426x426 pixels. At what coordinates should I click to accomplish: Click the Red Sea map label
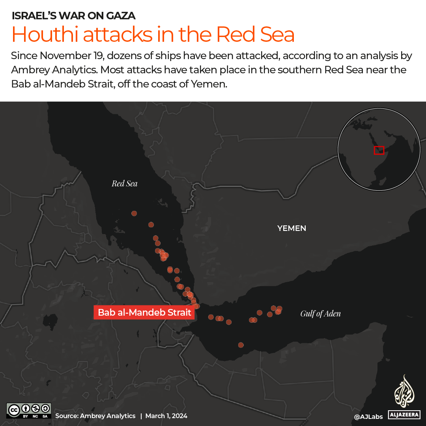click(124, 183)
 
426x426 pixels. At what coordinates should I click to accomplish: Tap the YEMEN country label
click(291, 228)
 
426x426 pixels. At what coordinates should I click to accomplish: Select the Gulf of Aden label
click(320, 314)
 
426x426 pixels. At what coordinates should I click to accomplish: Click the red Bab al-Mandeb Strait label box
click(144, 313)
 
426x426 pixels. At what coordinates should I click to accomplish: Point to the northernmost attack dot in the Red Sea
click(134, 213)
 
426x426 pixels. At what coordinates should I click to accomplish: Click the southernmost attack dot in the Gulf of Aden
click(241, 345)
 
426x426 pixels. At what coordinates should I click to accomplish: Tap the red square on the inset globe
click(379, 150)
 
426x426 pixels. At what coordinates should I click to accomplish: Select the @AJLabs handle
click(368, 417)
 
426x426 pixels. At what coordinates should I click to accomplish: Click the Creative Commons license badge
click(29, 410)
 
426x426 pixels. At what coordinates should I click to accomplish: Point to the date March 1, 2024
click(166, 416)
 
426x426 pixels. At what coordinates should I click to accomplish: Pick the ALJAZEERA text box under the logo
click(404, 415)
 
